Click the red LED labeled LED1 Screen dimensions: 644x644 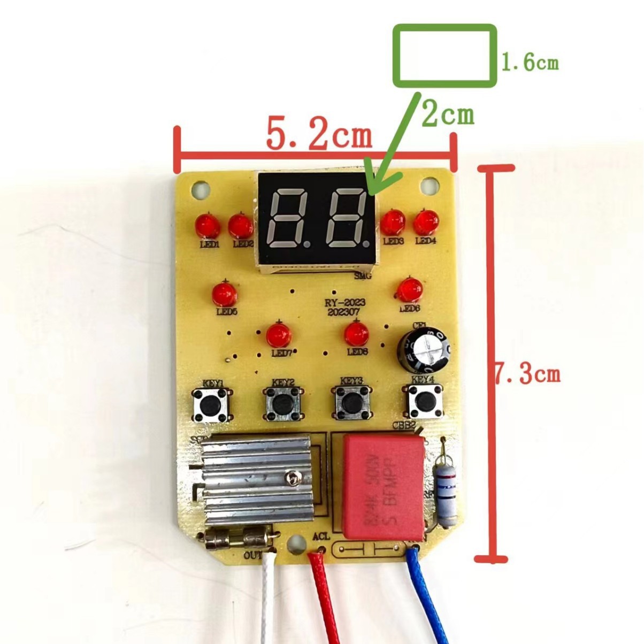[208, 226]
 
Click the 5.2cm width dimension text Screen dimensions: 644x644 [319, 135]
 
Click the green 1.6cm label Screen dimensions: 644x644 [530, 63]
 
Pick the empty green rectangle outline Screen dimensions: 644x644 [445, 56]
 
